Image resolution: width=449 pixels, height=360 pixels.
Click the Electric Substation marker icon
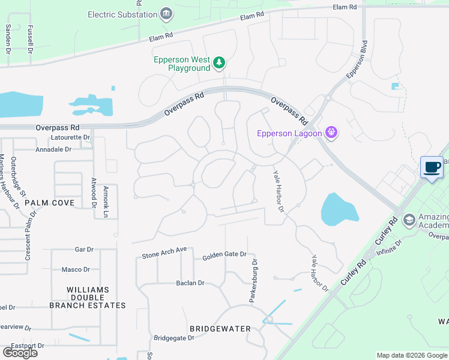coord(166,13)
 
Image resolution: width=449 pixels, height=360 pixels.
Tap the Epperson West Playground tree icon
coord(220,62)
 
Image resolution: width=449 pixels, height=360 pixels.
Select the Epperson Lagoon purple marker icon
coord(331,133)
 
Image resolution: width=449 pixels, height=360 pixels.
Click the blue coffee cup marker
coord(432,167)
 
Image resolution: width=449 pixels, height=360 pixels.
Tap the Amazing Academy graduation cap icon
coord(409,220)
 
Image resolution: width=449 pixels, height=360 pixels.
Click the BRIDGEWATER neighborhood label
coord(215,329)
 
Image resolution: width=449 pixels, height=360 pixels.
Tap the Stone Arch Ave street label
coord(164,253)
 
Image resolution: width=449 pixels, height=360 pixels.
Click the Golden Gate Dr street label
coord(224,255)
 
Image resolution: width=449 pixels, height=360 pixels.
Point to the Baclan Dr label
coord(190,283)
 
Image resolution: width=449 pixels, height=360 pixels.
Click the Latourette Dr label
coord(70,137)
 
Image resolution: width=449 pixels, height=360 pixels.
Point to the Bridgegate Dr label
coord(174,338)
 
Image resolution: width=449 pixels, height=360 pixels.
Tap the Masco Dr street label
coord(76,269)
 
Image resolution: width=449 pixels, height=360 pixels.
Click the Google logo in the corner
coord(20,352)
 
